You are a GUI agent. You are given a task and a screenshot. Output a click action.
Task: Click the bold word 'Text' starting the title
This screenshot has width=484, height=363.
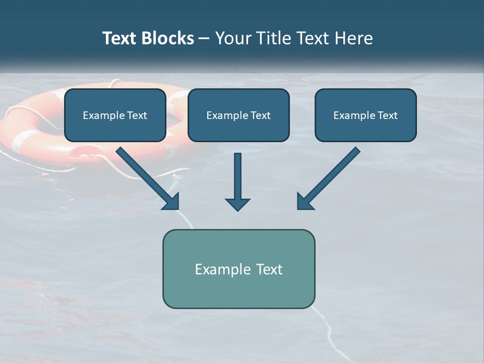[120, 38]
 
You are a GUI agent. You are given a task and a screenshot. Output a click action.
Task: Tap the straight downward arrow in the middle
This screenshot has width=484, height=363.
[237, 176]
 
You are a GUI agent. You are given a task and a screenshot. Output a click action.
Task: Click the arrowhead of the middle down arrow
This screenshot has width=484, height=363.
[237, 204]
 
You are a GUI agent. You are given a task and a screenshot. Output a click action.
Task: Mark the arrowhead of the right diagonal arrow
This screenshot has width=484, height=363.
[304, 202]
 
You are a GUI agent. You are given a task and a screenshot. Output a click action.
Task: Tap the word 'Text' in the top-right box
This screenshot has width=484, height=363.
[387, 115]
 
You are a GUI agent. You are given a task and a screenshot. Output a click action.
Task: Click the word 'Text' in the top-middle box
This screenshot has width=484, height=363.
[260, 115]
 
